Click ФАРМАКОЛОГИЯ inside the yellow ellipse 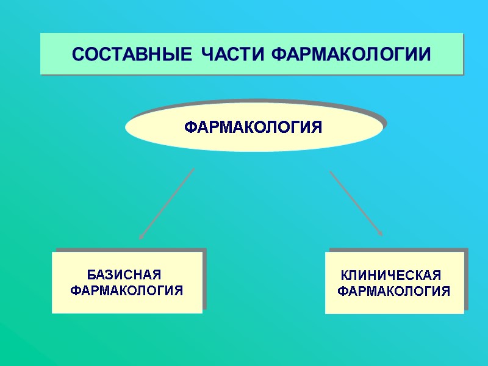tap(253, 127)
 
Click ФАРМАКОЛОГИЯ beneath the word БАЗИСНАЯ tap(127, 290)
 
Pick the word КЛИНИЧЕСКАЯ tap(390, 275)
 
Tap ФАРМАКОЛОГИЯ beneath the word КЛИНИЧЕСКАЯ tap(394, 292)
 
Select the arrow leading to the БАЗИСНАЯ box tap(167, 203)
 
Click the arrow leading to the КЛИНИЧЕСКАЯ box tap(356, 203)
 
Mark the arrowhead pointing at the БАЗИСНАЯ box tap(141, 237)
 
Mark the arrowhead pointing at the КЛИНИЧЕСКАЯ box tap(381, 233)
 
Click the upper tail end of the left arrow tap(193, 169)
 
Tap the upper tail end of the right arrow tap(331, 171)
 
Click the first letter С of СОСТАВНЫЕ tap(77, 54)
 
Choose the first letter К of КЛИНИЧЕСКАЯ tap(344, 275)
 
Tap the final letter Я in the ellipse tap(316, 127)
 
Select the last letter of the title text tap(425, 54)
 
